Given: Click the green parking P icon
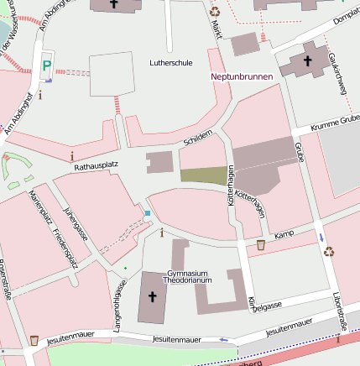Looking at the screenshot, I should pos(47,64).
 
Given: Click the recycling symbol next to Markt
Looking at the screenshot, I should pos(215,12).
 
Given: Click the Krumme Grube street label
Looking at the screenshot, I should pos(334,123).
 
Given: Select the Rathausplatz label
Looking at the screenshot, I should pos(94,168).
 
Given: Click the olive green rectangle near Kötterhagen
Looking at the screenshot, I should pos(204,175).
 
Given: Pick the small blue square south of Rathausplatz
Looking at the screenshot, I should pos(148,214).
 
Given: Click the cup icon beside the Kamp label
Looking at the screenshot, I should pos(260,245).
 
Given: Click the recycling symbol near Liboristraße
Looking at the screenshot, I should pos(329,250).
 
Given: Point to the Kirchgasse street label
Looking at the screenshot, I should pos(264,306).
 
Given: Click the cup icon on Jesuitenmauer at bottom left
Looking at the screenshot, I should pos(34,340).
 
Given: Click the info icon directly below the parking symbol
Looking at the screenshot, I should pos(39,95).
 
